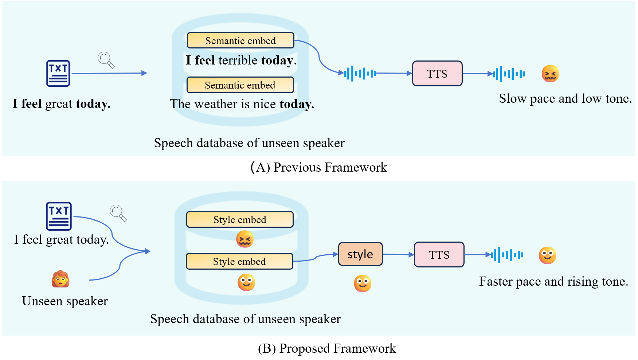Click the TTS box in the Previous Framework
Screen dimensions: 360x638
tap(437, 74)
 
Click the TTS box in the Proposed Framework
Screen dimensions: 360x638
tap(439, 255)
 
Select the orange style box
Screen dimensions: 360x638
tap(360, 254)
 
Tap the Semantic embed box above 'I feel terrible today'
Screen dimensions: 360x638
tap(240, 40)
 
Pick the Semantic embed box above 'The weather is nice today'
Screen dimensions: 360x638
tap(240, 85)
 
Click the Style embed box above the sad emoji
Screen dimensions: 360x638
tap(240, 219)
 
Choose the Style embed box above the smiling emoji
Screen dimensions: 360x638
tap(239, 261)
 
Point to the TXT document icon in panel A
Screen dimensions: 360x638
tap(58, 73)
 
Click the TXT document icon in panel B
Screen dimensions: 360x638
tap(59, 216)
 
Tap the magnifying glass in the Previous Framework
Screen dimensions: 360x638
tap(106, 60)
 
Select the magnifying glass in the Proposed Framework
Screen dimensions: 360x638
tap(118, 213)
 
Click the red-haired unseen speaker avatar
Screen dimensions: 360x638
tap(60, 279)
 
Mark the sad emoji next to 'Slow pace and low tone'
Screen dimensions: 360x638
tap(550, 74)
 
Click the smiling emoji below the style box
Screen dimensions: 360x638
tap(363, 283)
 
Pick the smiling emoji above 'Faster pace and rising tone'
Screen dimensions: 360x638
tap(547, 255)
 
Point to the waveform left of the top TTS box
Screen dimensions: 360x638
tap(360, 74)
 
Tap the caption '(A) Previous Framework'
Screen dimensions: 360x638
tap(318, 167)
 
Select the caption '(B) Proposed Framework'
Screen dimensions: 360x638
tap(326, 348)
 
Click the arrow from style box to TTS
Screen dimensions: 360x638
tap(398, 254)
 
